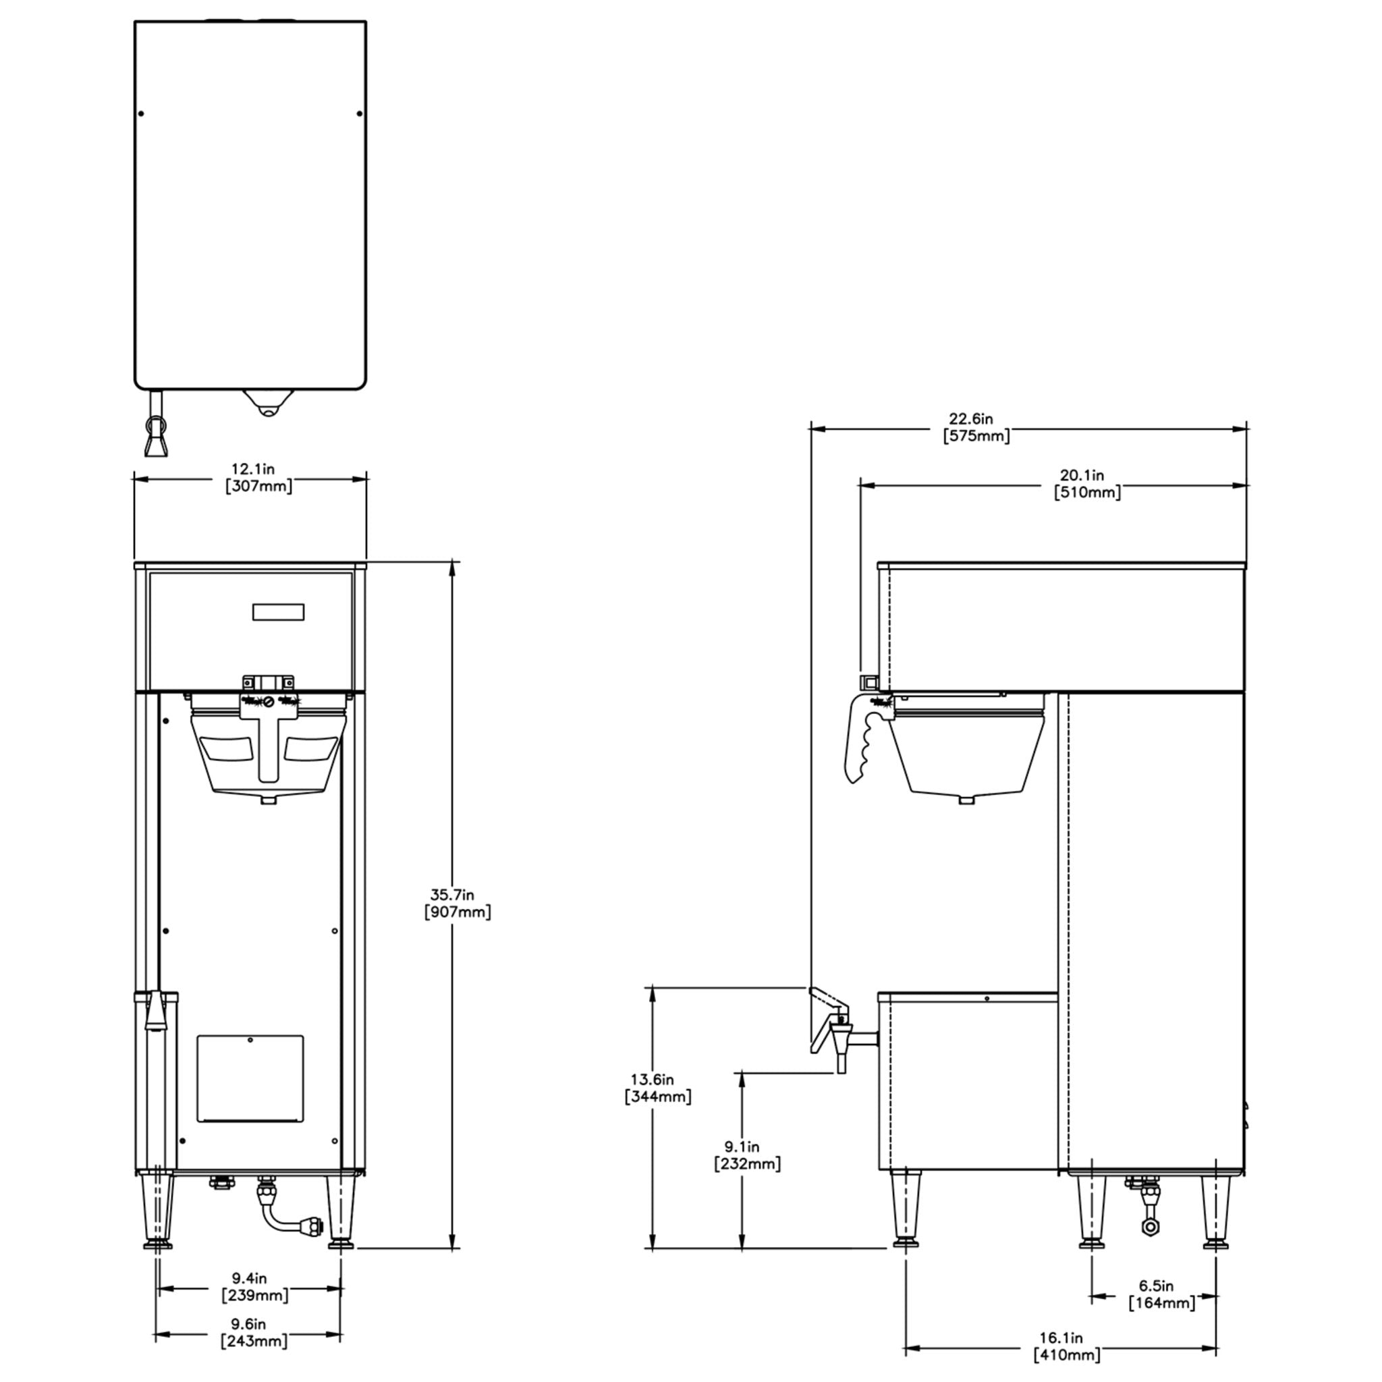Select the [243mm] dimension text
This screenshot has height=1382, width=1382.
(254, 1341)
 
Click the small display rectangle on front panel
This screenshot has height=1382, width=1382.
(278, 611)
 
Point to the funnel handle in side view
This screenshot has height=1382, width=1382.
(861, 740)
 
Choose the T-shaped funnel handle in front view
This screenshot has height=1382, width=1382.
(269, 737)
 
